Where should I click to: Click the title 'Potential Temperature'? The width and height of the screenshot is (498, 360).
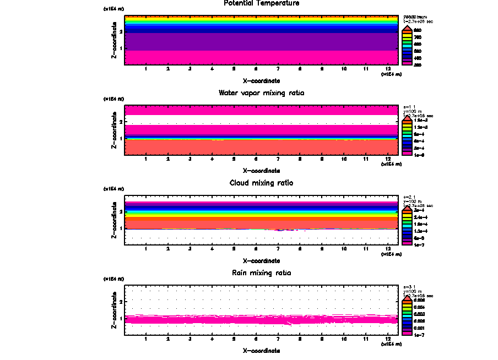(x=261, y=3)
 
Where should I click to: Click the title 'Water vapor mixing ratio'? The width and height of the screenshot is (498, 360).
(x=261, y=93)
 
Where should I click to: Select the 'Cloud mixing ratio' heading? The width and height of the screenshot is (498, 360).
(x=261, y=183)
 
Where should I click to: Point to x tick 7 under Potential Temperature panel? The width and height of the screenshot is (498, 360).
(x=278, y=69)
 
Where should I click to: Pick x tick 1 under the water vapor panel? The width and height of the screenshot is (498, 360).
(x=145, y=159)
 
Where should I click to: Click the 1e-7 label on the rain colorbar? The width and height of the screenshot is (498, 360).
(x=418, y=334)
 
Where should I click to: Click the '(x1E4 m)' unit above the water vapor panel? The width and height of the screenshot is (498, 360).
(x=114, y=99)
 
